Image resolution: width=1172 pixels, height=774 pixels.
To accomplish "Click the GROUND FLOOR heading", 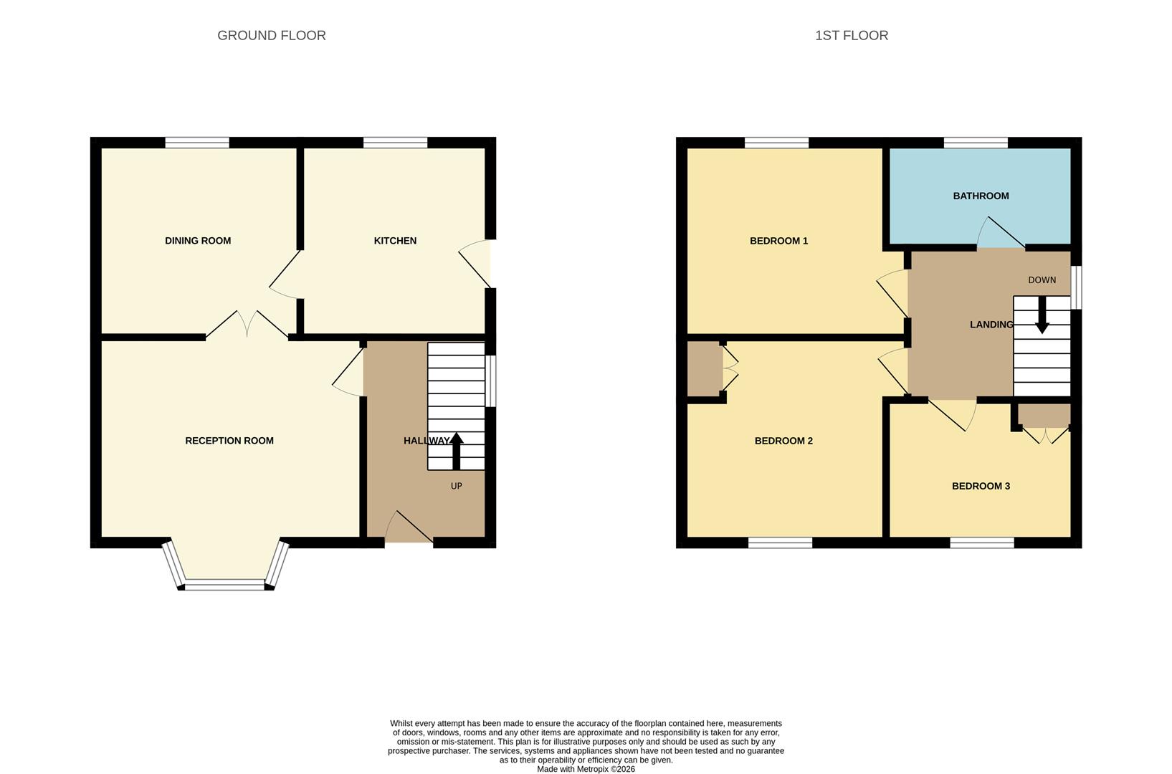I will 271,35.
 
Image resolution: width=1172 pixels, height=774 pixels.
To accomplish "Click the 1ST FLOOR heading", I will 851,35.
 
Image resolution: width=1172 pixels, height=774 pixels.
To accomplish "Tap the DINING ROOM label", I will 198,241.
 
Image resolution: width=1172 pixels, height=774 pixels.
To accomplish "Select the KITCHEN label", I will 395,241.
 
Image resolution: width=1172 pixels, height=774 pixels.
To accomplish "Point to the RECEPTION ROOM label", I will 229,441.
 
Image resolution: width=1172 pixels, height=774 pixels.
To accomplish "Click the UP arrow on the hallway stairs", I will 456,451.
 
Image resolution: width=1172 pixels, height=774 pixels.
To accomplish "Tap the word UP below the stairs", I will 456,486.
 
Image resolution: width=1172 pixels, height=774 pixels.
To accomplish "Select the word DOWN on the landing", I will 1042,280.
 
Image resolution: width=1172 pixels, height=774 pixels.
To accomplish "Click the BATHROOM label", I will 981,196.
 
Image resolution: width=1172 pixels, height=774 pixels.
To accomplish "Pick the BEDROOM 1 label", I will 778,241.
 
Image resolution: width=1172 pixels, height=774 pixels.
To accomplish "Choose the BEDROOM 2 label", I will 783,441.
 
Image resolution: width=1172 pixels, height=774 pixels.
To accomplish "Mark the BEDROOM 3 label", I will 981,486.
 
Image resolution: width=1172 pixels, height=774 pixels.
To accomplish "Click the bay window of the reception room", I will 225,583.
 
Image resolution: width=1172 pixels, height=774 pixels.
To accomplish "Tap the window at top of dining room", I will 197,143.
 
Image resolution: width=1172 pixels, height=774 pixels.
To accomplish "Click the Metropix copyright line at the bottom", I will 586,769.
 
